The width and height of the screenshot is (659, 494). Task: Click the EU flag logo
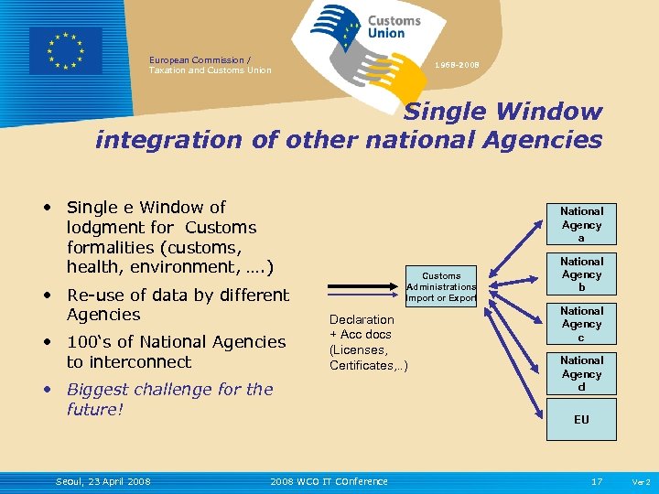coord(66,50)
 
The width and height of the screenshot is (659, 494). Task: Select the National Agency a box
coord(581,224)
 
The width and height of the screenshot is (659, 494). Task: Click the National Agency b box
coord(581,274)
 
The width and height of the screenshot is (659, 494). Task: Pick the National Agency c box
coord(581,325)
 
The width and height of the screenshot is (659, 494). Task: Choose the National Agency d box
coord(581,374)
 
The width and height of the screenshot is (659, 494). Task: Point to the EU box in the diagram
coord(581,420)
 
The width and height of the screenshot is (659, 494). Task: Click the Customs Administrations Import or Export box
coord(441,286)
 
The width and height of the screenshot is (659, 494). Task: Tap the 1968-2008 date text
coord(457,65)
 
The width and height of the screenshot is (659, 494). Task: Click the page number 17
coord(597,481)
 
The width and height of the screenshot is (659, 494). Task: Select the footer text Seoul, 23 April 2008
coord(103,481)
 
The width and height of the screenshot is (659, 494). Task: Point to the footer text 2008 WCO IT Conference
coord(329,481)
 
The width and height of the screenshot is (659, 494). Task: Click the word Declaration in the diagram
coord(362,319)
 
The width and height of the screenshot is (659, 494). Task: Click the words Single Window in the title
coord(503,112)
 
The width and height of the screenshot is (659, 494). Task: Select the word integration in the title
coord(159,140)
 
